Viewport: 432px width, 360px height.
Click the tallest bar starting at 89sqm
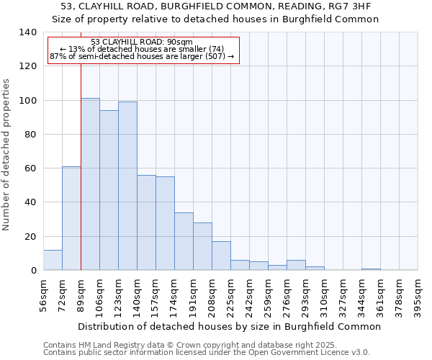(90, 184)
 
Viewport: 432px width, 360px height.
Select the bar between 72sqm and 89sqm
(71, 218)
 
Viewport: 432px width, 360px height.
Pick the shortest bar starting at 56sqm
(53, 260)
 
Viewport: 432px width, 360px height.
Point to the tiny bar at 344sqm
(371, 269)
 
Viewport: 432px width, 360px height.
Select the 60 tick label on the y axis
(30, 168)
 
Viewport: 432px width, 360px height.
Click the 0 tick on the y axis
(33, 271)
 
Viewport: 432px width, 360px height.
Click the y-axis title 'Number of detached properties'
(6, 154)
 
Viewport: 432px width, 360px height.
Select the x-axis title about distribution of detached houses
(229, 326)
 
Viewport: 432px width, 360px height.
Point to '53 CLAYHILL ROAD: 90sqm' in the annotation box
(143, 42)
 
